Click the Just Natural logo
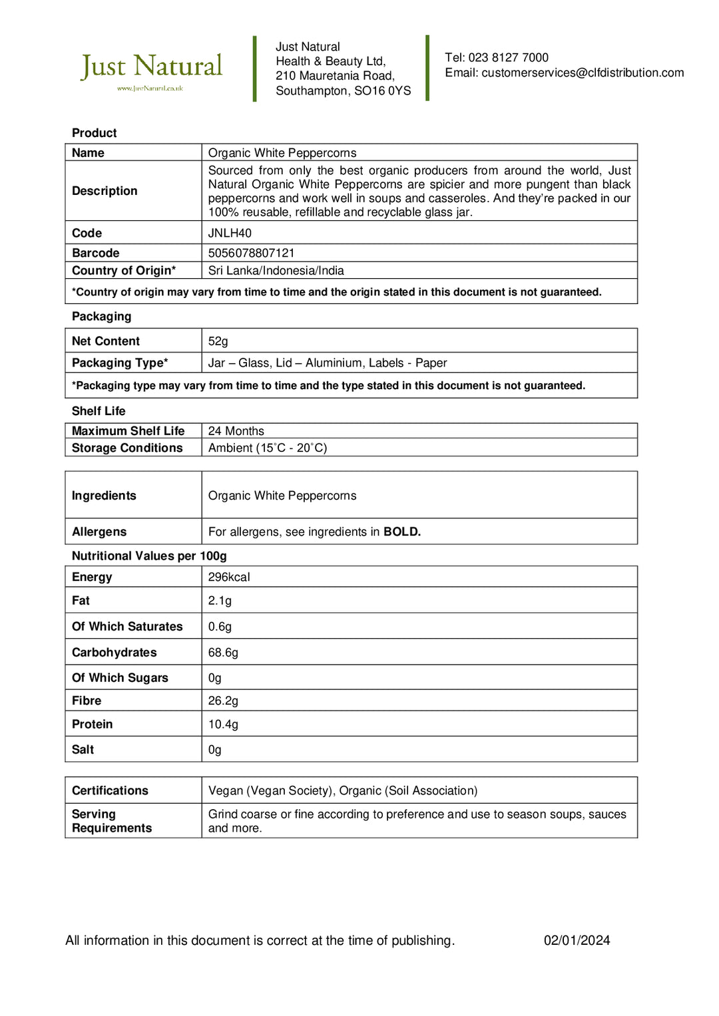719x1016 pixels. tap(151, 69)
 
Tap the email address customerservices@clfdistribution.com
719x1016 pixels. tap(583, 73)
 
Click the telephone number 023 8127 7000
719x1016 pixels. tap(508, 57)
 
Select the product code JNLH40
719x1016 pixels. tap(230, 233)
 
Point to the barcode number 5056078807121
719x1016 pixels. tap(251, 253)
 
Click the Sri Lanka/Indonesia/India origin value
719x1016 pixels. tap(276, 270)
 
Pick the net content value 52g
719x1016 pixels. tap(218, 341)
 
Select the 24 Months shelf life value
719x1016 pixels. tap(236, 430)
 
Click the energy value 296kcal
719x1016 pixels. tap(229, 577)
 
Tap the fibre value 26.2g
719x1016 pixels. tap(223, 700)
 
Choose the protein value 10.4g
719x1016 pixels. tap(223, 724)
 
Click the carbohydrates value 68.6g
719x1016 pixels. tap(223, 652)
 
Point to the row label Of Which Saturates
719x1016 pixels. tap(127, 626)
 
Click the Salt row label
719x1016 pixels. tap(83, 749)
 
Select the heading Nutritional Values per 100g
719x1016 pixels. tap(149, 556)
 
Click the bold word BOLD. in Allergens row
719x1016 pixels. tap(402, 532)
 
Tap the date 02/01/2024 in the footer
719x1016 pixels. tap(577, 940)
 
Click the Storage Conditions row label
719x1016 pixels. tap(127, 448)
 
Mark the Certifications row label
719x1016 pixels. tap(110, 790)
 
